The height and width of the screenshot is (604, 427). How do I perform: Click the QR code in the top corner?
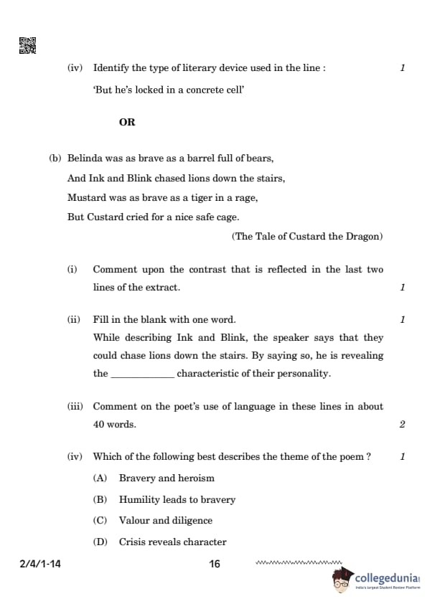click(x=27, y=46)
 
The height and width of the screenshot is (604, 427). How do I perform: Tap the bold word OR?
click(x=127, y=122)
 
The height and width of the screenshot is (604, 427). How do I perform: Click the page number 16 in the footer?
click(x=215, y=565)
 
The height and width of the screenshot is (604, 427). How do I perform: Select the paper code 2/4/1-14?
click(x=40, y=565)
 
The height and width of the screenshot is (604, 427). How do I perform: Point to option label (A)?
click(x=100, y=478)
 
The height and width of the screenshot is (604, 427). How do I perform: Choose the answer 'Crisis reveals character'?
click(x=172, y=542)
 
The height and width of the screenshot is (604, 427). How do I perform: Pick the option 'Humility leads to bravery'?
click(x=177, y=499)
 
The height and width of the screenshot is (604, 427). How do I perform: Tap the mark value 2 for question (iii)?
click(x=402, y=424)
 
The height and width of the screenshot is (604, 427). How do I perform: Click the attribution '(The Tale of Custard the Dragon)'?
click(x=307, y=236)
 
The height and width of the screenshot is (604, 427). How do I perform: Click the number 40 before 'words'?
click(x=99, y=424)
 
